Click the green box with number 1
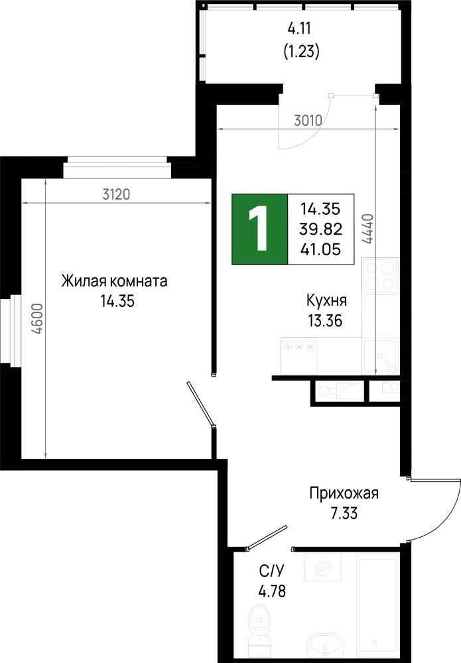(259, 229)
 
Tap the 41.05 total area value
(320, 249)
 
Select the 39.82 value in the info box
(320, 229)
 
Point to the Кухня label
(326, 300)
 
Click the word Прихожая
(344, 493)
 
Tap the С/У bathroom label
(272, 572)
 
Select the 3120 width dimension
(116, 194)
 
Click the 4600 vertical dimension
(38, 320)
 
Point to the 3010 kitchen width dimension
(308, 121)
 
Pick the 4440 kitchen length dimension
(367, 229)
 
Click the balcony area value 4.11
(299, 29)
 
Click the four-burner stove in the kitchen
(380, 275)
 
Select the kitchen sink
(380, 356)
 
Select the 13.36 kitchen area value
(325, 321)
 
